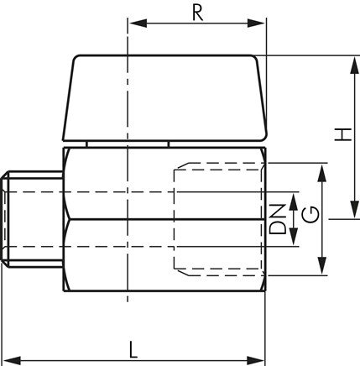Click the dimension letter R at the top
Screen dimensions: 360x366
pos(198,13)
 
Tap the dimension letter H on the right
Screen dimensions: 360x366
pos(343,134)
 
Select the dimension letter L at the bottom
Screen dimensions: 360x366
pos(133,350)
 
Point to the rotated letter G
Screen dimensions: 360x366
pos(310,214)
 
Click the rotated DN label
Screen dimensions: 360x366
pos(278,219)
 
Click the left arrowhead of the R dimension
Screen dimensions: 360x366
pos(138,24)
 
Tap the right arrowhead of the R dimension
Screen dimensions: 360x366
pos(256,24)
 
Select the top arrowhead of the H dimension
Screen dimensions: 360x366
pos(354,65)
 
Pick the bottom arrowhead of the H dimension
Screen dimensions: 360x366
pos(354,209)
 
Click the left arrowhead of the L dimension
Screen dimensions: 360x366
pos(12,360)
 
